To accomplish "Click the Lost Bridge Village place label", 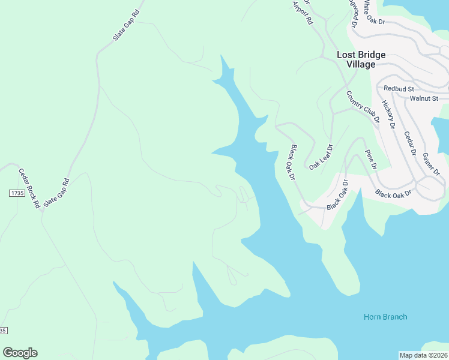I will [x=361, y=59].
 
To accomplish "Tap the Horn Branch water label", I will [x=385, y=317].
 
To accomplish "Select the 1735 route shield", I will [x=17, y=193].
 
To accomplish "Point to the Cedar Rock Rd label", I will [x=29, y=188].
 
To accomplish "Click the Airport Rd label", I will [x=303, y=13].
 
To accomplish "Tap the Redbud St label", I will [x=396, y=88].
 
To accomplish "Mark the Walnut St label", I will [x=424, y=98].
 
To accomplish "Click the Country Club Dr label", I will [x=363, y=106].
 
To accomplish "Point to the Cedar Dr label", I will [x=409, y=143].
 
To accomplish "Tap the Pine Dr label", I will [x=370, y=158].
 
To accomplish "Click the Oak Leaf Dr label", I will [x=321, y=157].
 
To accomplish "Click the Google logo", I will [x=20, y=353].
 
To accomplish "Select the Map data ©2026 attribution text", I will [x=424, y=355].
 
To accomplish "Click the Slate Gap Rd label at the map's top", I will [x=126, y=25].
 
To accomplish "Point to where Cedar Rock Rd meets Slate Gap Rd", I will [x=42, y=209].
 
